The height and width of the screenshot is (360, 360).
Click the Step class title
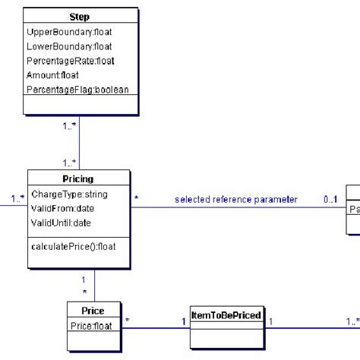[79, 17]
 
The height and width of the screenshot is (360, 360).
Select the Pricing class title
[79, 179]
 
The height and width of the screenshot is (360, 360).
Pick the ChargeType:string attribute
[69, 194]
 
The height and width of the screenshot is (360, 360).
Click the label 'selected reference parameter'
[235, 200]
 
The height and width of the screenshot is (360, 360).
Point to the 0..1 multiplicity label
[330, 200]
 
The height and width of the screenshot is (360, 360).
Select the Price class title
[92, 311]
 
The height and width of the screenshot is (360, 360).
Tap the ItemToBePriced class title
[226, 314]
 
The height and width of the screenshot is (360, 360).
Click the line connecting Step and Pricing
[79, 144]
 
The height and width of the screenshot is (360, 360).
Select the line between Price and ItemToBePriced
[156, 327]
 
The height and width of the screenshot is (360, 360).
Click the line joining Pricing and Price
[94, 285]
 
